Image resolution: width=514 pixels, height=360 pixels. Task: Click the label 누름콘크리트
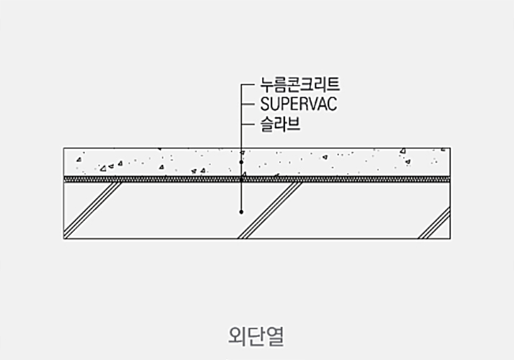pos(299,84)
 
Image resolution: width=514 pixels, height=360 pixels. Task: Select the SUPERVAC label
pos(299,104)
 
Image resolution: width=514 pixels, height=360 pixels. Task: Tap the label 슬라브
pos(280,125)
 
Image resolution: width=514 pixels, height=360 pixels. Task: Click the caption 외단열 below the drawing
pos(256,336)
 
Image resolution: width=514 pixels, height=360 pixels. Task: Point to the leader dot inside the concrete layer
pos(241,162)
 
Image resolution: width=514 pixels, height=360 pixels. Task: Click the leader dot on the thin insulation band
pos(241,180)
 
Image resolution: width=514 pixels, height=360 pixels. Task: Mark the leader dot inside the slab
pos(241,212)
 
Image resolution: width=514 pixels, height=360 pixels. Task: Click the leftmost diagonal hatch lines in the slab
pos(93,210)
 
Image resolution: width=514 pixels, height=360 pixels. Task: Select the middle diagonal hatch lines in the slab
pos(270,210)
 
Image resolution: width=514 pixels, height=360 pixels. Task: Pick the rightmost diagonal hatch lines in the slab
pos(434,222)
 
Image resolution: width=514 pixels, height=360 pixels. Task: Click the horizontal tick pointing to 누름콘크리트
pos(248,85)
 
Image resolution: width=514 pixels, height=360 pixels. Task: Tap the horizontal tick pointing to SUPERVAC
pos(248,104)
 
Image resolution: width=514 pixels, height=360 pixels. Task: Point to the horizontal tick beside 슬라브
pos(248,125)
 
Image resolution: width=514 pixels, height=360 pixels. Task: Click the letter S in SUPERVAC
pos(265,104)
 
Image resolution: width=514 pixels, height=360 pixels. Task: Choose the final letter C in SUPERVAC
pos(333,104)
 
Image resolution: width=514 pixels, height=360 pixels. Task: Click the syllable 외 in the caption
pos(238,336)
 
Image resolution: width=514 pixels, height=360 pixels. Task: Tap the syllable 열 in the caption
pos(275,336)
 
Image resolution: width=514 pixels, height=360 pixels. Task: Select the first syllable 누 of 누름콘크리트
pos(267,84)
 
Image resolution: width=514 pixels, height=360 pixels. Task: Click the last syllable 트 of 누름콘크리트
pos(333,84)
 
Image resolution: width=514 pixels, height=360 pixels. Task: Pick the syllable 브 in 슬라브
pos(294,125)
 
